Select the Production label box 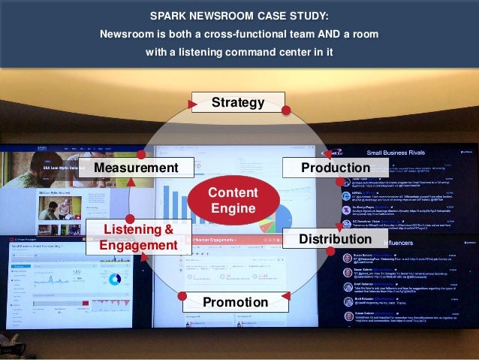point(324,167)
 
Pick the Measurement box point(137,167)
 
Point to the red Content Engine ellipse point(233,201)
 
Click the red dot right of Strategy point(285,110)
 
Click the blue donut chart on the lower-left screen point(115,279)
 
